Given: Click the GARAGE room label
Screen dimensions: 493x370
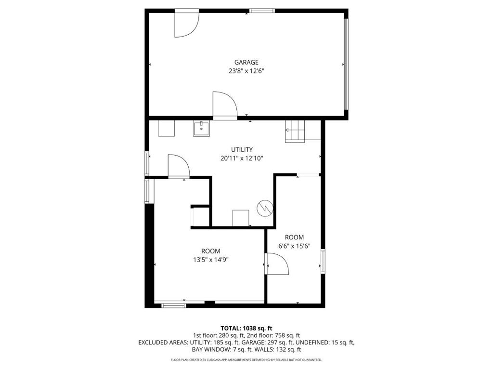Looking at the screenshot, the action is [246, 62].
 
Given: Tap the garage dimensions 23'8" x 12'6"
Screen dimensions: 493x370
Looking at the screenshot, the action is [246, 71].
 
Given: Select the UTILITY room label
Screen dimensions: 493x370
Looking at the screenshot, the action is [242, 149].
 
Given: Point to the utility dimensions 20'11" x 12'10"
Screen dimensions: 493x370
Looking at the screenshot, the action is [242, 158].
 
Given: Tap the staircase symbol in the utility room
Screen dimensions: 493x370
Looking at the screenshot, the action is [295, 131].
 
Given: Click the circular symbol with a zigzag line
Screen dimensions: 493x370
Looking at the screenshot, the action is [265, 208].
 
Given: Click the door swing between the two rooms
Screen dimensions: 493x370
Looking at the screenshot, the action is [277, 264].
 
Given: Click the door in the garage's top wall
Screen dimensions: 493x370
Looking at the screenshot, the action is [187, 24].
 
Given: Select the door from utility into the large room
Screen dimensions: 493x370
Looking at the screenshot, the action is [179, 166].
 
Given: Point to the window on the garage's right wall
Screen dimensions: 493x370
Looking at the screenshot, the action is [346, 64].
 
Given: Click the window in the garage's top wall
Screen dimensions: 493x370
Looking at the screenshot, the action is [262, 11].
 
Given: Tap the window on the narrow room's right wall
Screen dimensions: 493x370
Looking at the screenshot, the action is [323, 261].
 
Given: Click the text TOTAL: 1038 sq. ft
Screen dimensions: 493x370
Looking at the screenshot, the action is [246, 329].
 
